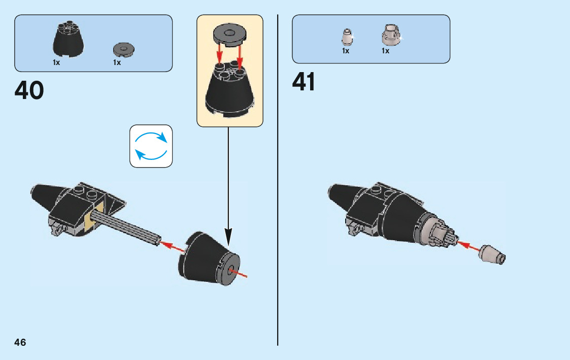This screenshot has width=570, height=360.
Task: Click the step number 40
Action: point(29,90)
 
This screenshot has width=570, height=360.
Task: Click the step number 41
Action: point(304,82)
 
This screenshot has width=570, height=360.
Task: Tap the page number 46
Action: point(20,342)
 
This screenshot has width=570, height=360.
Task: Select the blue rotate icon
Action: point(151,146)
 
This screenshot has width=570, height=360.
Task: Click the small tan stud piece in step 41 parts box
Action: point(347,37)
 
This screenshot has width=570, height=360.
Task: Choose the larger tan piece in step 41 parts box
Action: point(389,36)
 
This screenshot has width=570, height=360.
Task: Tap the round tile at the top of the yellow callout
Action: point(229,34)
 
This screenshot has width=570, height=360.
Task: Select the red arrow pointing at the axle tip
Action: point(173,247)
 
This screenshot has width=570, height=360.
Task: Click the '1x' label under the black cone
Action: point(56,62)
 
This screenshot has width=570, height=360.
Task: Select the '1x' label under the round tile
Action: point(117,62)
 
